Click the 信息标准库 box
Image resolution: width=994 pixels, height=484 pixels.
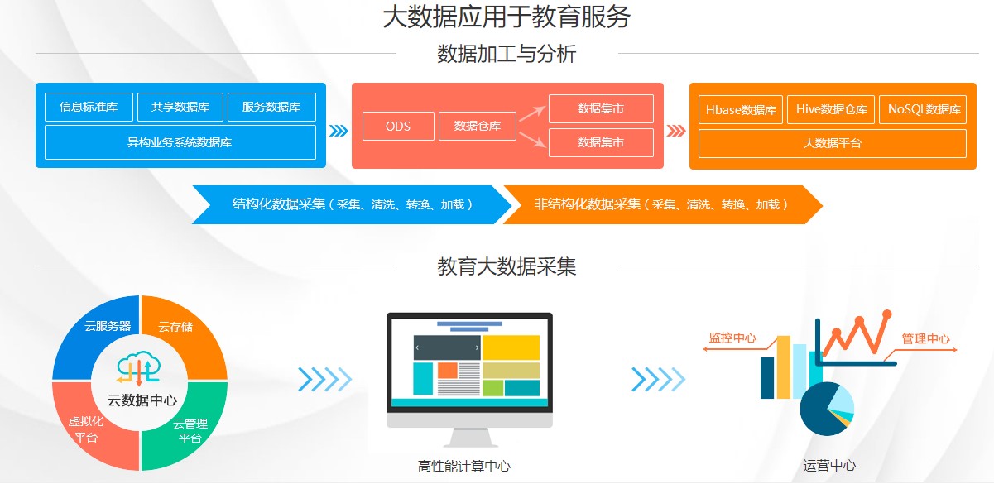click(x=89, y=107)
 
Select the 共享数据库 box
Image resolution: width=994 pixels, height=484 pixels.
click(x=180, y=107)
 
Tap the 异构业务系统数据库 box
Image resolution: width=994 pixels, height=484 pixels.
click(x=180, y=142)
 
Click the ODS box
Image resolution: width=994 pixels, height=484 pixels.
click(x=398, y=127)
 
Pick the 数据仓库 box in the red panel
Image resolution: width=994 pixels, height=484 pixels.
click(x=478, y=127)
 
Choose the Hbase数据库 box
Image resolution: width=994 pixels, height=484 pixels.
click(x=741, y=109)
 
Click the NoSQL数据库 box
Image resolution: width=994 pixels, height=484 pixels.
click(x=923, y=109)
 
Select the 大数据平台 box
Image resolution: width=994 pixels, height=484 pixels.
click(x=833, y=143)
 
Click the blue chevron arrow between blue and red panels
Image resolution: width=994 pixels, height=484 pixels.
click(x=339, y=131)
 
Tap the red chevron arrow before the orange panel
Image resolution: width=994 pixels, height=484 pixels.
click(x=676, y=131)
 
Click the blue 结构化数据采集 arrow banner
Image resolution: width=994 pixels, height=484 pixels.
click(x=352, y=204)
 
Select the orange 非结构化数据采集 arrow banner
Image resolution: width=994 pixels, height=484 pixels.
click(x=662, y=204)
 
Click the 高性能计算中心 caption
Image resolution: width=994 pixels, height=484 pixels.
click(x=464, y=467)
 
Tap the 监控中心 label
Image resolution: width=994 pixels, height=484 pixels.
click(x=732, y=338)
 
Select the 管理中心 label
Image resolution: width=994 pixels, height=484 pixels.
click(x=925, y=339)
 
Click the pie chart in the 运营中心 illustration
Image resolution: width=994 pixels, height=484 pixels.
click(x=827, y=409)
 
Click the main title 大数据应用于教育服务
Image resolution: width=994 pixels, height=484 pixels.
click(x=507, y=17)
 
